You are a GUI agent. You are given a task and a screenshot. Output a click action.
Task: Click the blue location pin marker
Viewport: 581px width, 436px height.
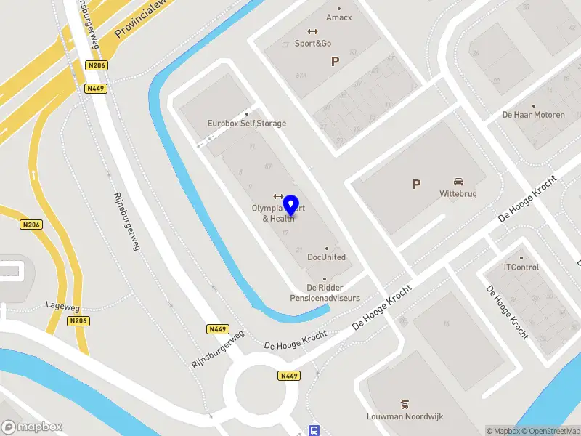tap(292, 206)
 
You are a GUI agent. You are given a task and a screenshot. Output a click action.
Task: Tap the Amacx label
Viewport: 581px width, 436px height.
tap(338, 17)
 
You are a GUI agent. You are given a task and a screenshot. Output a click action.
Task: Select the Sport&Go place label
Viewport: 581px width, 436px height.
tap(313, 43)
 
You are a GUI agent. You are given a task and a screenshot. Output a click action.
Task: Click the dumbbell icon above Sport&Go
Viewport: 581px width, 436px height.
tap(313, 31)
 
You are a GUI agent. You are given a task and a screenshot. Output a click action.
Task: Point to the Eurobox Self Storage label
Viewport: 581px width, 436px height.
tap(246, 123)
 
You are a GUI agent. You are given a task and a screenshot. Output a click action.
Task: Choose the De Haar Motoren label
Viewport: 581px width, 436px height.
tap(533, 115)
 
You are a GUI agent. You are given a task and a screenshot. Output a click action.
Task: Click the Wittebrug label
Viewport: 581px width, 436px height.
tap(459, 194)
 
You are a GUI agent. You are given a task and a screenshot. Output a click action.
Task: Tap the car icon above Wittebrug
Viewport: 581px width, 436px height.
tap(459, 182)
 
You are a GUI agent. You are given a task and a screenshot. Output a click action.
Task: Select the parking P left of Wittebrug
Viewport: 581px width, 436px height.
tap(416, 185)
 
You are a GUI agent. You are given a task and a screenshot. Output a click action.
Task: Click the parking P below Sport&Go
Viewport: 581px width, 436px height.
tap(335, 62)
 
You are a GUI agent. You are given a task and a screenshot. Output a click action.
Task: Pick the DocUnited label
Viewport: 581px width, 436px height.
tap(326, 257)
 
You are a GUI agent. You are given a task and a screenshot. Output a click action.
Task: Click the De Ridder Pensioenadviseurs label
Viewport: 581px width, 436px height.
tap(325, 293)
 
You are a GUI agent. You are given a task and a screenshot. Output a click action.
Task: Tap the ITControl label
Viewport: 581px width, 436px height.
tap(521, 267)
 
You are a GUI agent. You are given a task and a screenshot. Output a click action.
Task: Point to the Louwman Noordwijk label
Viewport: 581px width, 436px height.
tap(405, 416)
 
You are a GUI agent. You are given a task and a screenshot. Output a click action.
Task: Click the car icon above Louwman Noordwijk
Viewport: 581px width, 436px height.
tap(405, 403)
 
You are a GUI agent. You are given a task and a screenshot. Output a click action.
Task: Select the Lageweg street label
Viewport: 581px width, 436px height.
tap(61, 305)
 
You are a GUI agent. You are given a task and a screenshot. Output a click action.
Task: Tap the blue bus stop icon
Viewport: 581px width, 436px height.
tap(314, 429)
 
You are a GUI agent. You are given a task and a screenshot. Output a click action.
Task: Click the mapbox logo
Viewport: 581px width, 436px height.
tap(32, 427)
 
